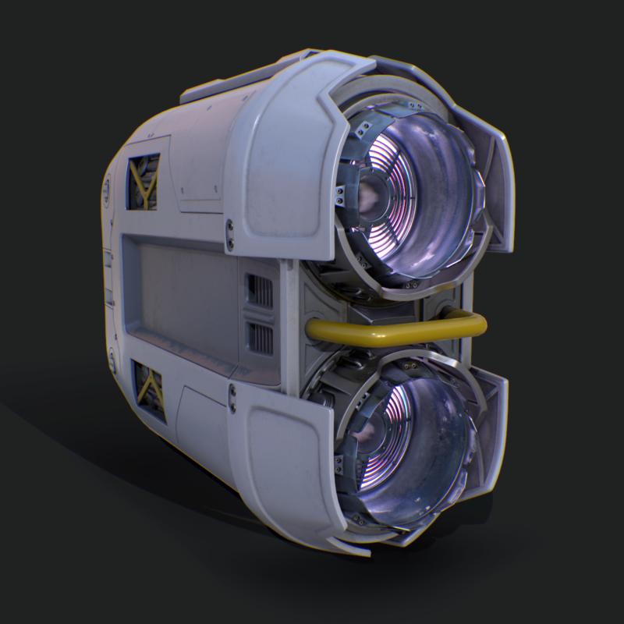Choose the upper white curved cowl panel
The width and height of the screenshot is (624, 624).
281,156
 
